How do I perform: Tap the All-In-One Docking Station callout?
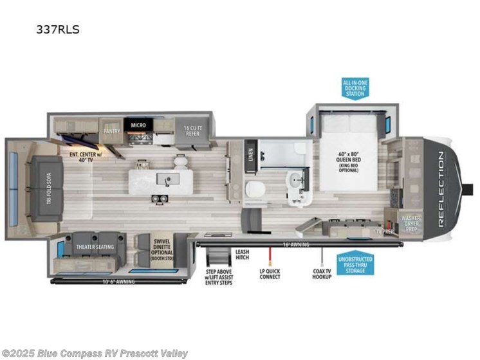click(355, 88)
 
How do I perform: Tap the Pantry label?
click(113, 130)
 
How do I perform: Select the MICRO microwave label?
click(139, 125)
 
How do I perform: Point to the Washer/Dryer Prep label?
click(410, 222)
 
